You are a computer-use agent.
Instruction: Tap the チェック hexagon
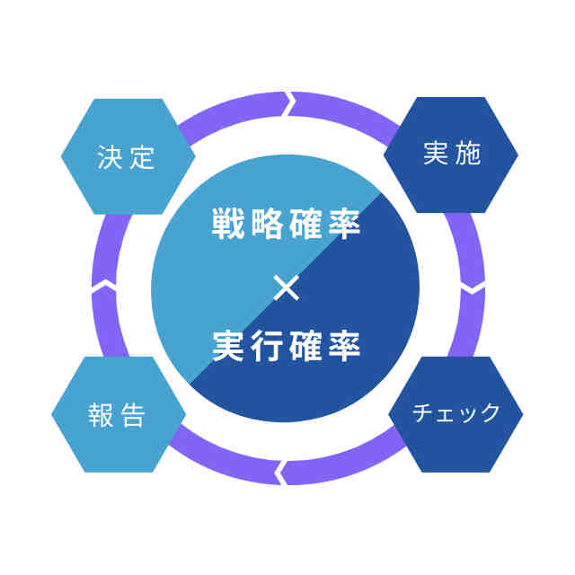pyautogui.click(x=456, y=414)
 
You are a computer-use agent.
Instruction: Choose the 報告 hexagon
pyautogui.click(x=119, y=415)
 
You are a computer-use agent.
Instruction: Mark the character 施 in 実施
pyautogui.click(x=468, y=155)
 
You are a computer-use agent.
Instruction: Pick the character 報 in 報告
pyautogui.click(x=101, y=415)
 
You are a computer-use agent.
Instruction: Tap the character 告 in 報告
pyautogui.click(x=134, y=415)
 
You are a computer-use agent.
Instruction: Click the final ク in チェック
pyautogui.click(x=490, y=414)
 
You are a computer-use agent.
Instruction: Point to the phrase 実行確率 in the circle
pyautogui.click(x=287, y=347)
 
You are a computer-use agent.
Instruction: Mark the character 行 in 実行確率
pyautogui.click(x=267, y=347)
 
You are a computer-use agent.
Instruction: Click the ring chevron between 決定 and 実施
pyautogui.click(x=290, y=104)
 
